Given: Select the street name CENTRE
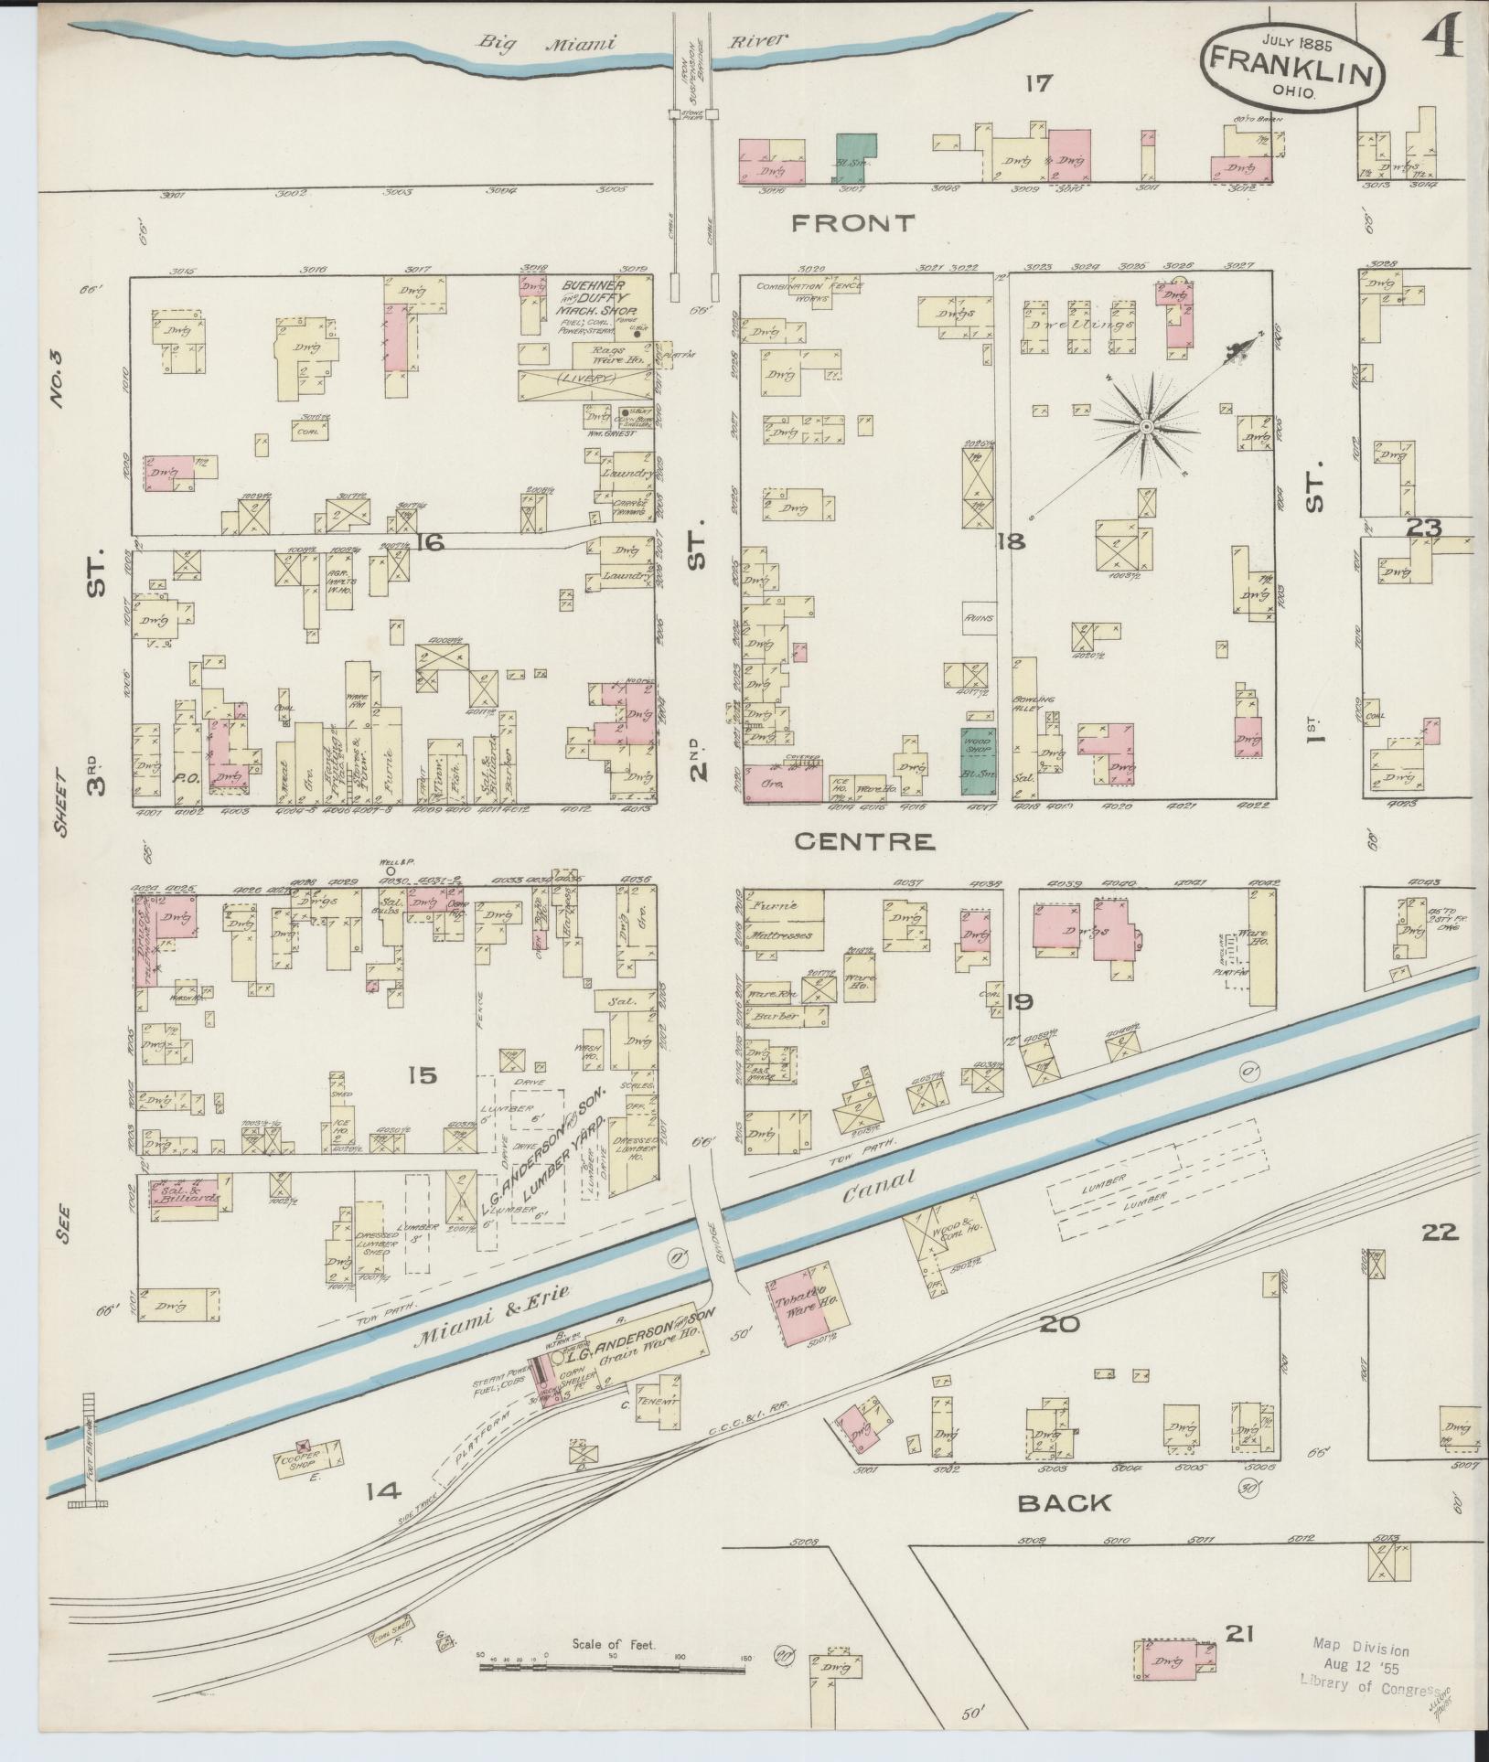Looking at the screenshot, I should tap(864, 841).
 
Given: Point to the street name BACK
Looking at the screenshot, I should tap(1064, 1502).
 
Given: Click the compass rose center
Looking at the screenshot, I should tap(1145, 426).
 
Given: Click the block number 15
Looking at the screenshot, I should tap(423, 1076).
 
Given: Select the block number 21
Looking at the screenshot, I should tap(1238, 1633).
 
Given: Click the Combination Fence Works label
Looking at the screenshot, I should tap(809, 292).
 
